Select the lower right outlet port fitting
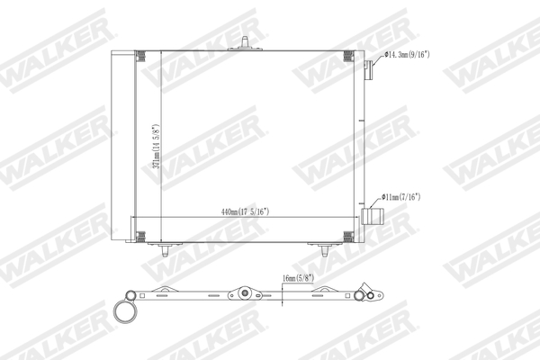click(373, 217)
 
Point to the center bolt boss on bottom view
click(243, 292)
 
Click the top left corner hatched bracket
click(141, 56)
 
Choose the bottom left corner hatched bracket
click(140, 236)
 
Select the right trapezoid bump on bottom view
click(321, 290)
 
